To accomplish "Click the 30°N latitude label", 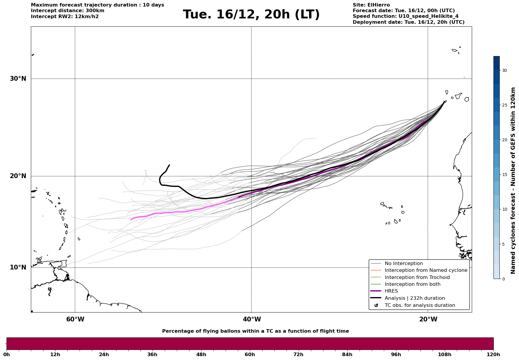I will point(18,79).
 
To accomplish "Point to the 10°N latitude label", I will point(18,267).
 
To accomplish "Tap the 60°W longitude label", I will point(75,319).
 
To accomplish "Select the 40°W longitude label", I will point(252,319).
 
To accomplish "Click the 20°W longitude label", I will point(428,319).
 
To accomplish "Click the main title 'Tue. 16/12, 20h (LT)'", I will point(251,15).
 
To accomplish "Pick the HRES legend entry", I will point(391,291).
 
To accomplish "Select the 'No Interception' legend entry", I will point(404,264).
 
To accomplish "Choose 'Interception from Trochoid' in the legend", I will point(417,277).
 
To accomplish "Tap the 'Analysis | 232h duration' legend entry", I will point(414,298).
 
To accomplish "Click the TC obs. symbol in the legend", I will point(376,305).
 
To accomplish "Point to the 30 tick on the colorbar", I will point(504,70).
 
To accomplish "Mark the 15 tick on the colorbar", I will point(504,175).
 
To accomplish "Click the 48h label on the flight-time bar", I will point(201,354).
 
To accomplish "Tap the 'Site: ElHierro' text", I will point(371,5).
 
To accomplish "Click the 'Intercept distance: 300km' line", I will point(67,11).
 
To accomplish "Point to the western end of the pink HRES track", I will point(131,220).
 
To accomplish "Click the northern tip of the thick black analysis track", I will point(169,165).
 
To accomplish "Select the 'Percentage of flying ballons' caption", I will point(255,331).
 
